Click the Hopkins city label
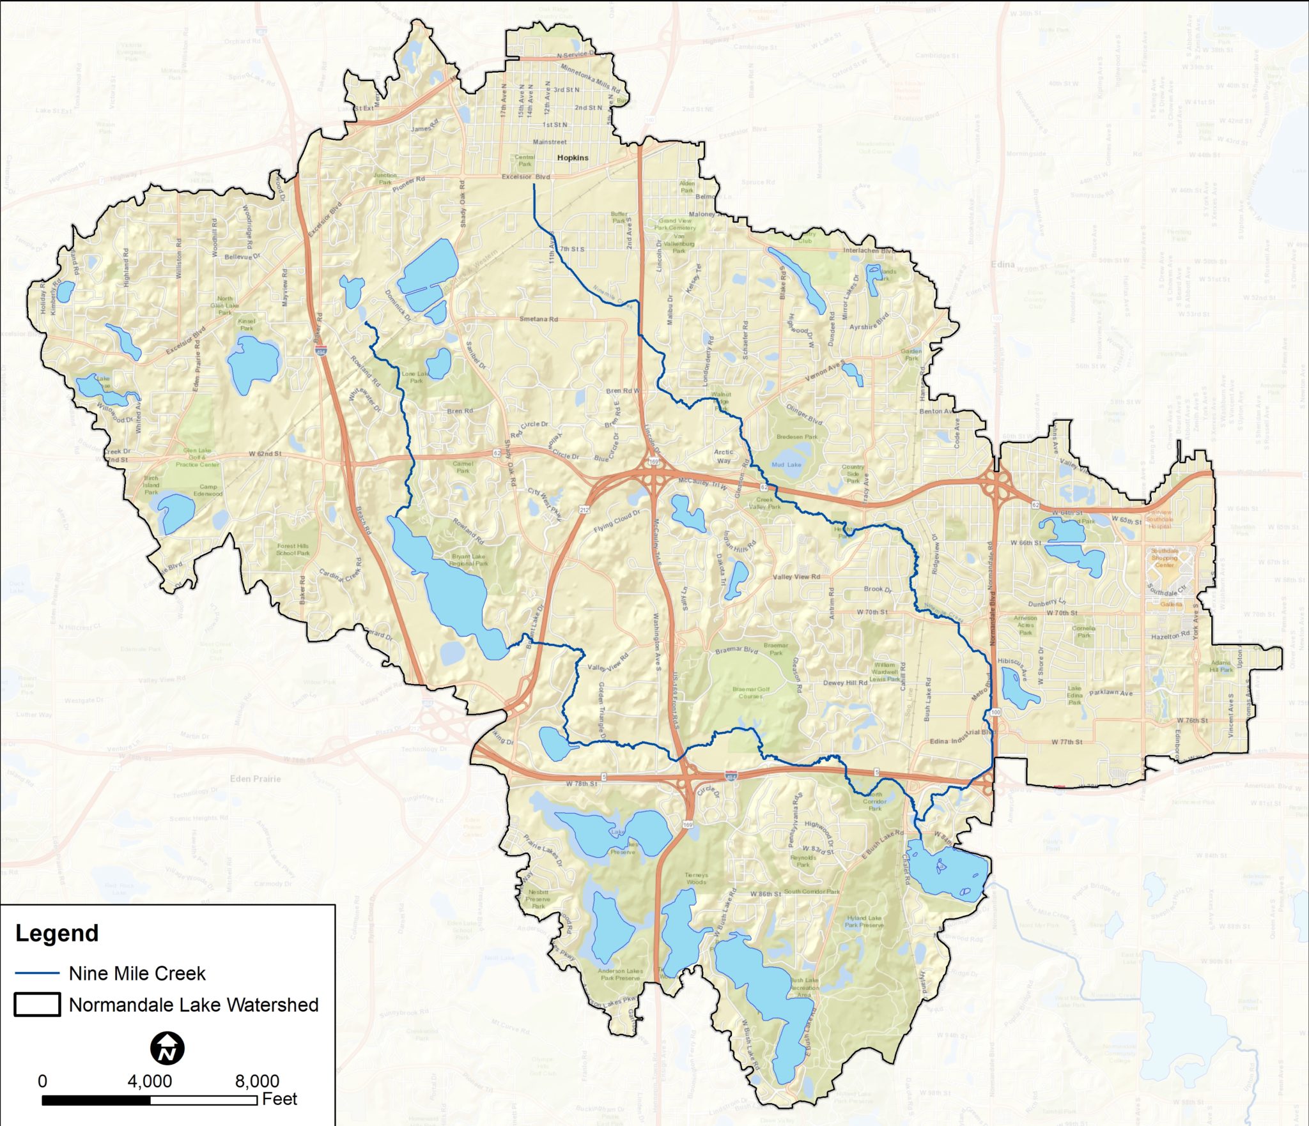(572, 158)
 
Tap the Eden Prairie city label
(255, 779)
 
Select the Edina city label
(1002, 264)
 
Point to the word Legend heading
(57, 933)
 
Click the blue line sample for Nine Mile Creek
(37, 973)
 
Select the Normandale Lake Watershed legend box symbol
(37, 1005)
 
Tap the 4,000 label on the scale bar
(150, 1081)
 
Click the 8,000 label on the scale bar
(256, 1081)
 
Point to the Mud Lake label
(786, 465)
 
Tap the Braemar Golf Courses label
(751, 692)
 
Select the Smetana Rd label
(538, 319)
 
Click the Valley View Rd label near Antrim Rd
(796, 577)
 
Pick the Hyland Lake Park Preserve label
(864, 921)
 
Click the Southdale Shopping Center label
(1164, 558)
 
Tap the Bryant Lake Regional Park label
(470, 560)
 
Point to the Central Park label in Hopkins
(524, 160)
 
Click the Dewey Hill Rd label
(845, 683)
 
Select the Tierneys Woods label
(696, 878)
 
